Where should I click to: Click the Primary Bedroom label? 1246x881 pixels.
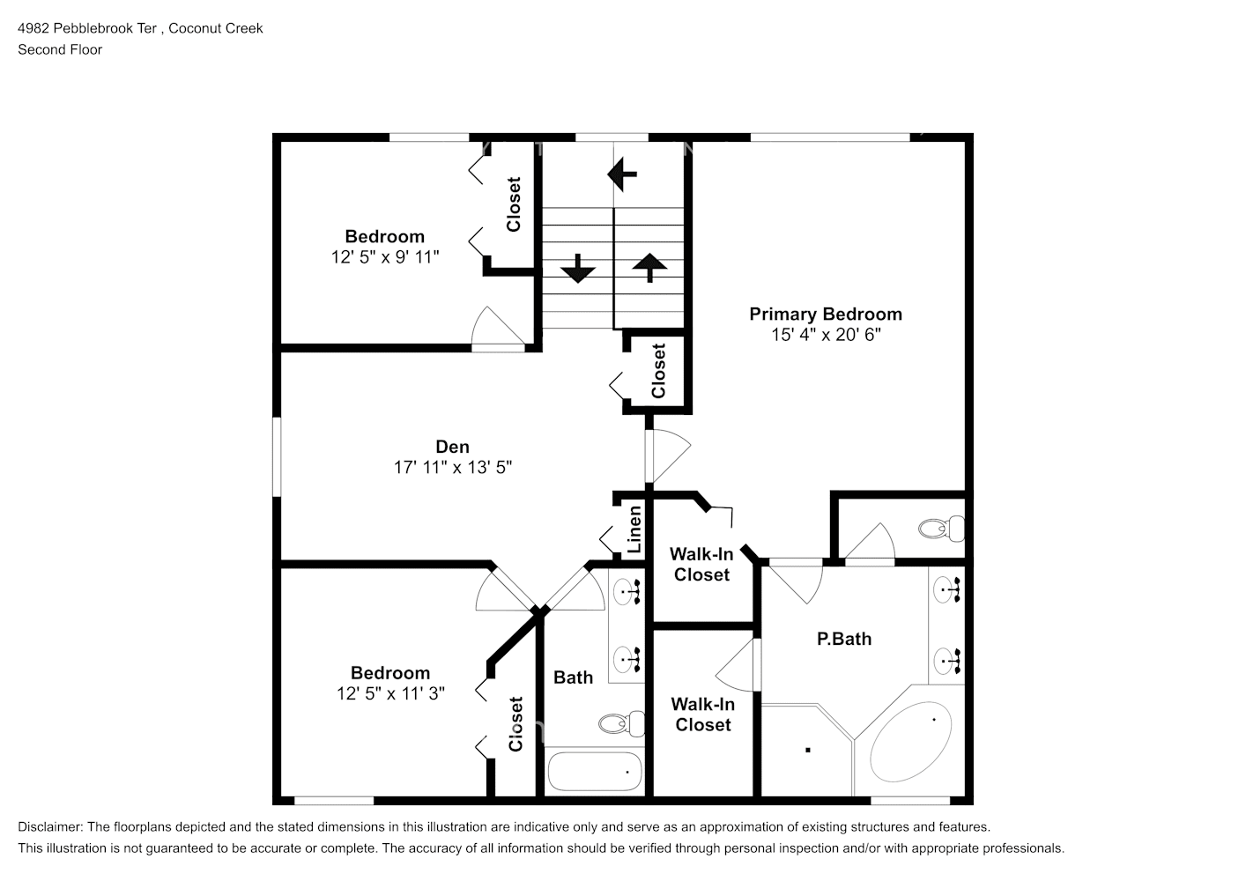[825, 315]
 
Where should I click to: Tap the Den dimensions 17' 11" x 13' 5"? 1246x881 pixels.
[452, 468]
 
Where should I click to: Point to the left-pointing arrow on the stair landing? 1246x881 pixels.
[622, 174]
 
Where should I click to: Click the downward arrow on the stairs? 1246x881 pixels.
[578, 268]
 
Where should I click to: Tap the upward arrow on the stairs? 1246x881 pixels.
[649, 267]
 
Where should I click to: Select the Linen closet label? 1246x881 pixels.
[634, 529]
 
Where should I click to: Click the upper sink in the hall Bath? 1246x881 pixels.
[627, 590]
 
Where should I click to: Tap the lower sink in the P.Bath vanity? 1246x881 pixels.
[948, 659]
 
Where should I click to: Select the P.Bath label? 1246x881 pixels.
[843, 640]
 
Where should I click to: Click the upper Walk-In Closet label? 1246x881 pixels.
[701, 565]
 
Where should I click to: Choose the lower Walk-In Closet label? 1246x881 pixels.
[702, 714]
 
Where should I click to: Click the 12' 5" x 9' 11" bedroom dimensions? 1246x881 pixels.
[385, 257]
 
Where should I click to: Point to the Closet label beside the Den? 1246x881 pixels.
[658, 371]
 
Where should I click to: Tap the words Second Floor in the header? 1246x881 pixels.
[60, 49]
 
